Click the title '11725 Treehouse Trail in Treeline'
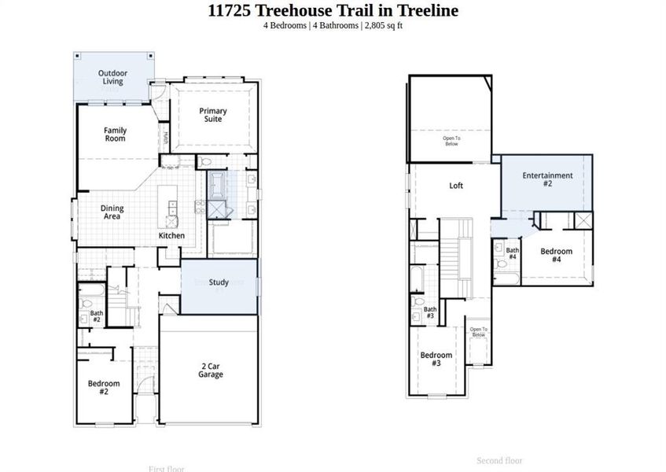click(x=333, y=10)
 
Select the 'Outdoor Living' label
click(x=112, y=77)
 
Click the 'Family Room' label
click(x=115, y=135)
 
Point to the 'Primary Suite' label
click(x=212, y=115)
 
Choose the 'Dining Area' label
click(x=112, y=212)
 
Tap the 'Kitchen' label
click(x=172, y=236)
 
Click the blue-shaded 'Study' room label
click(x=219, y=282)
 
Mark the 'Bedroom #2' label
click(x=104, y=388)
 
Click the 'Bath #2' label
click(x=96, y=316)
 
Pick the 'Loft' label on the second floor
click(x=456, y=186)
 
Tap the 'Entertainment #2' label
click(x=547, y=179)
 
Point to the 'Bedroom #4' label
click(x=556, y=256)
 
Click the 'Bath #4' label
click(x=512, y=253)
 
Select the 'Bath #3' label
click(x=430, y=312)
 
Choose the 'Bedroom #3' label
click(x=436, y=360)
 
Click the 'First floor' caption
click(x=166, y=469)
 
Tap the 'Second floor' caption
click(x=499, y=460)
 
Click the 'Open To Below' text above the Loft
click(x=451, y=142)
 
